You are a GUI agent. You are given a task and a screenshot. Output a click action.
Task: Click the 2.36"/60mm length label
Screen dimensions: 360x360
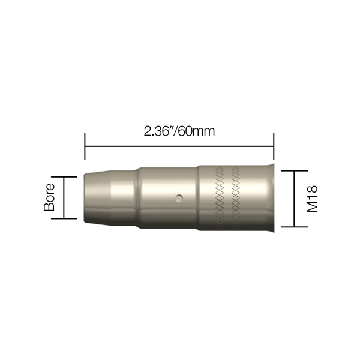point(179,131)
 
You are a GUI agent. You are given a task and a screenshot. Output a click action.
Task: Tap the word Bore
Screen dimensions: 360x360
point(49,197)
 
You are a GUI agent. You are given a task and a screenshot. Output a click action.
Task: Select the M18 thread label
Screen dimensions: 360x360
point(312,199)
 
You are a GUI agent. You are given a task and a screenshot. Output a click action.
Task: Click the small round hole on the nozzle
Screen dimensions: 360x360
point(179,198)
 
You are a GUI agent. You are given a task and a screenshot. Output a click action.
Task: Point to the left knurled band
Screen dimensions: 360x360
point(219,197)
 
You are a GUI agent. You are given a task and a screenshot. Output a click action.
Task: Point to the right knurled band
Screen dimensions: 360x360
point(236,197)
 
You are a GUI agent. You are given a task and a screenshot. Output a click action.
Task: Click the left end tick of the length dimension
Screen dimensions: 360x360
point(85,146)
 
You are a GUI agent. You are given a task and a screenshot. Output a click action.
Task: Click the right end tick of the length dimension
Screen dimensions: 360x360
point(274,146)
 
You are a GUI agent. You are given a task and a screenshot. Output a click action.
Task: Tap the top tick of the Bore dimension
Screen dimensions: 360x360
point(64,177)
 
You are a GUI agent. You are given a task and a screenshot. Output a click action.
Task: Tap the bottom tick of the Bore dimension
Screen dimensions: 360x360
point(64,218)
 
